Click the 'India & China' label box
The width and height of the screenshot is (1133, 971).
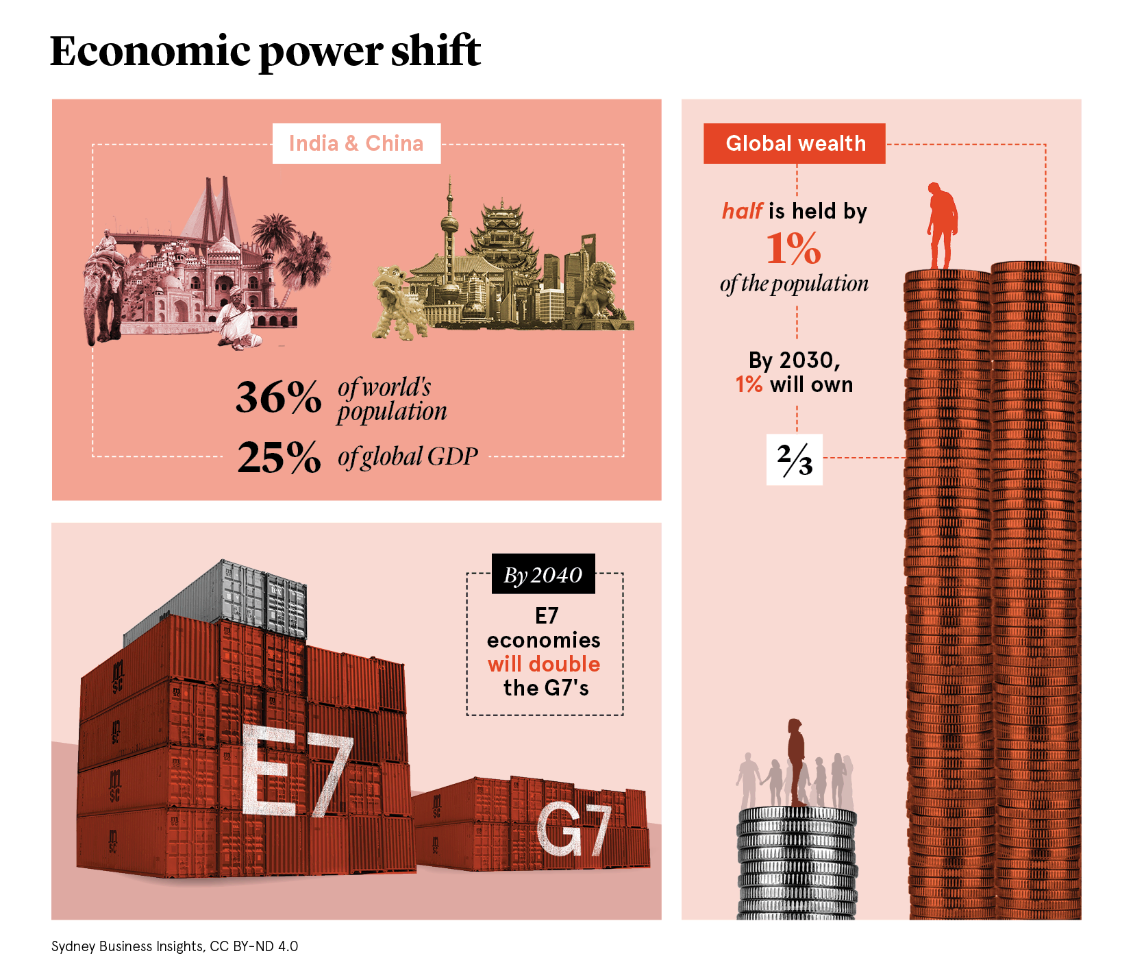coord(356,143)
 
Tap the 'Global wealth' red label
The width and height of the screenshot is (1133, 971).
coord(794,143)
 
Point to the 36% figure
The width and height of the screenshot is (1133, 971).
coord(278,397)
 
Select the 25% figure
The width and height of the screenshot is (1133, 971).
coord(279,458)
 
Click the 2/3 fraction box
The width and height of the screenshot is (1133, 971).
coord(794,460)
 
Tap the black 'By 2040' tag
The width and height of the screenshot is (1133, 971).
coord(543,574)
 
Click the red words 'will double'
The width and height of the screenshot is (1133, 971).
coord(543,664)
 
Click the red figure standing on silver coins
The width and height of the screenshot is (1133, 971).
coord(796,761)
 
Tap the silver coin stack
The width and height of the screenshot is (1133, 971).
coord(797,863)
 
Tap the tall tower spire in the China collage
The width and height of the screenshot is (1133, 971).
coord(449,226)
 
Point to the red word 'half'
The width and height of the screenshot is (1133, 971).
coord(742,211)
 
